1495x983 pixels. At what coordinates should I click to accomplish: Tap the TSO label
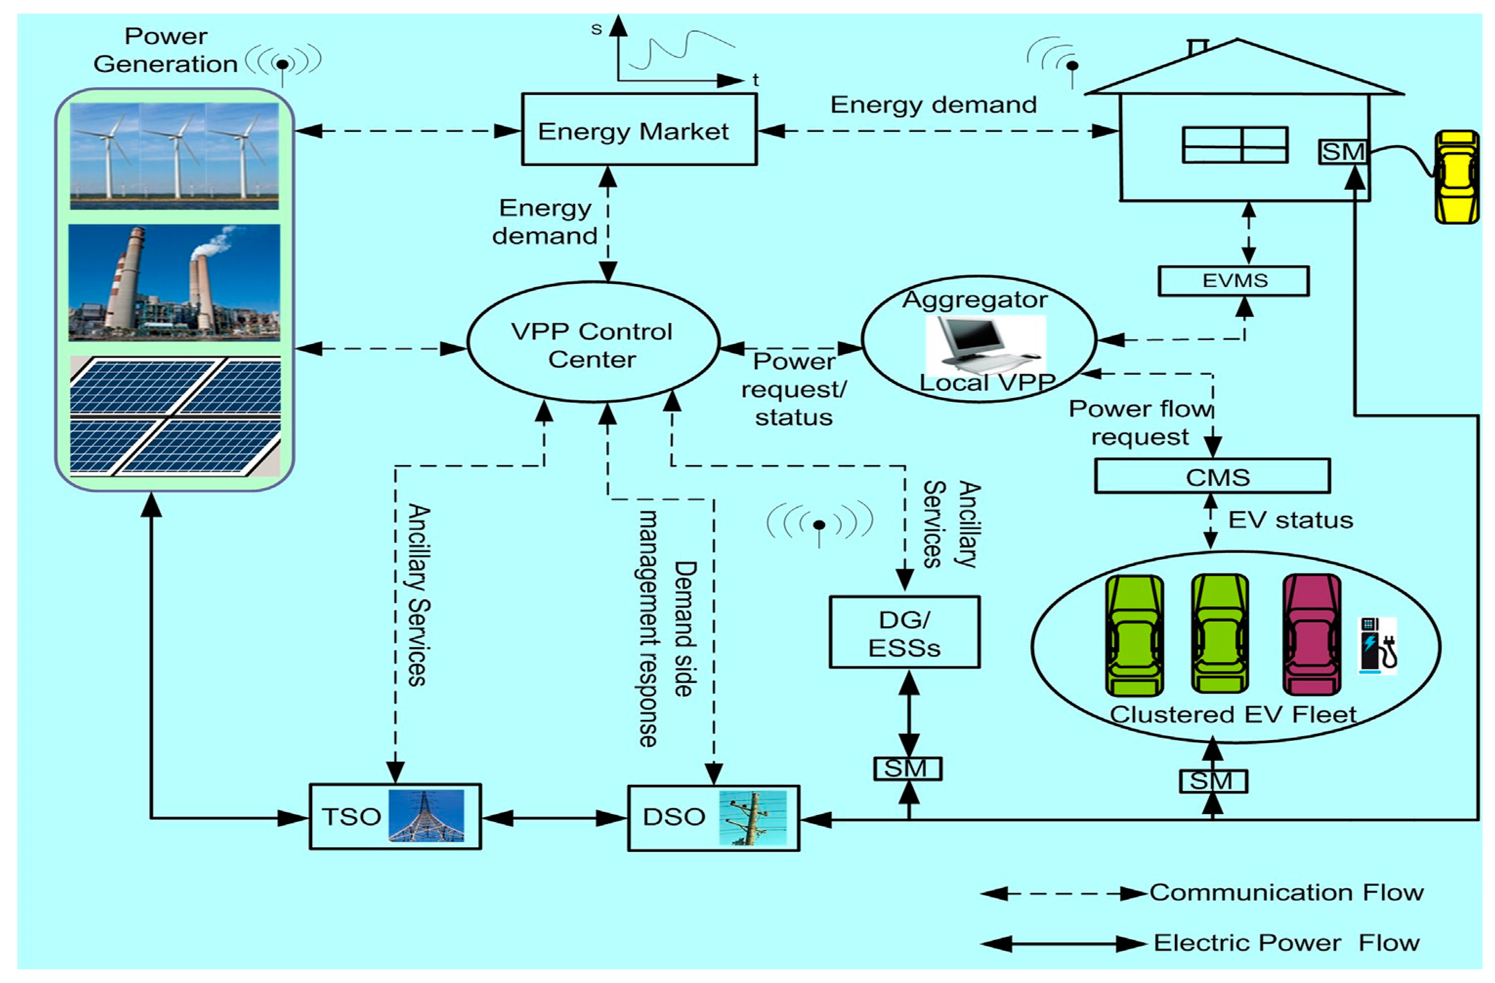[x=351, y=816]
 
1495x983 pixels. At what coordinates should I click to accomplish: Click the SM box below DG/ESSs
[x=908, y=768]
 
